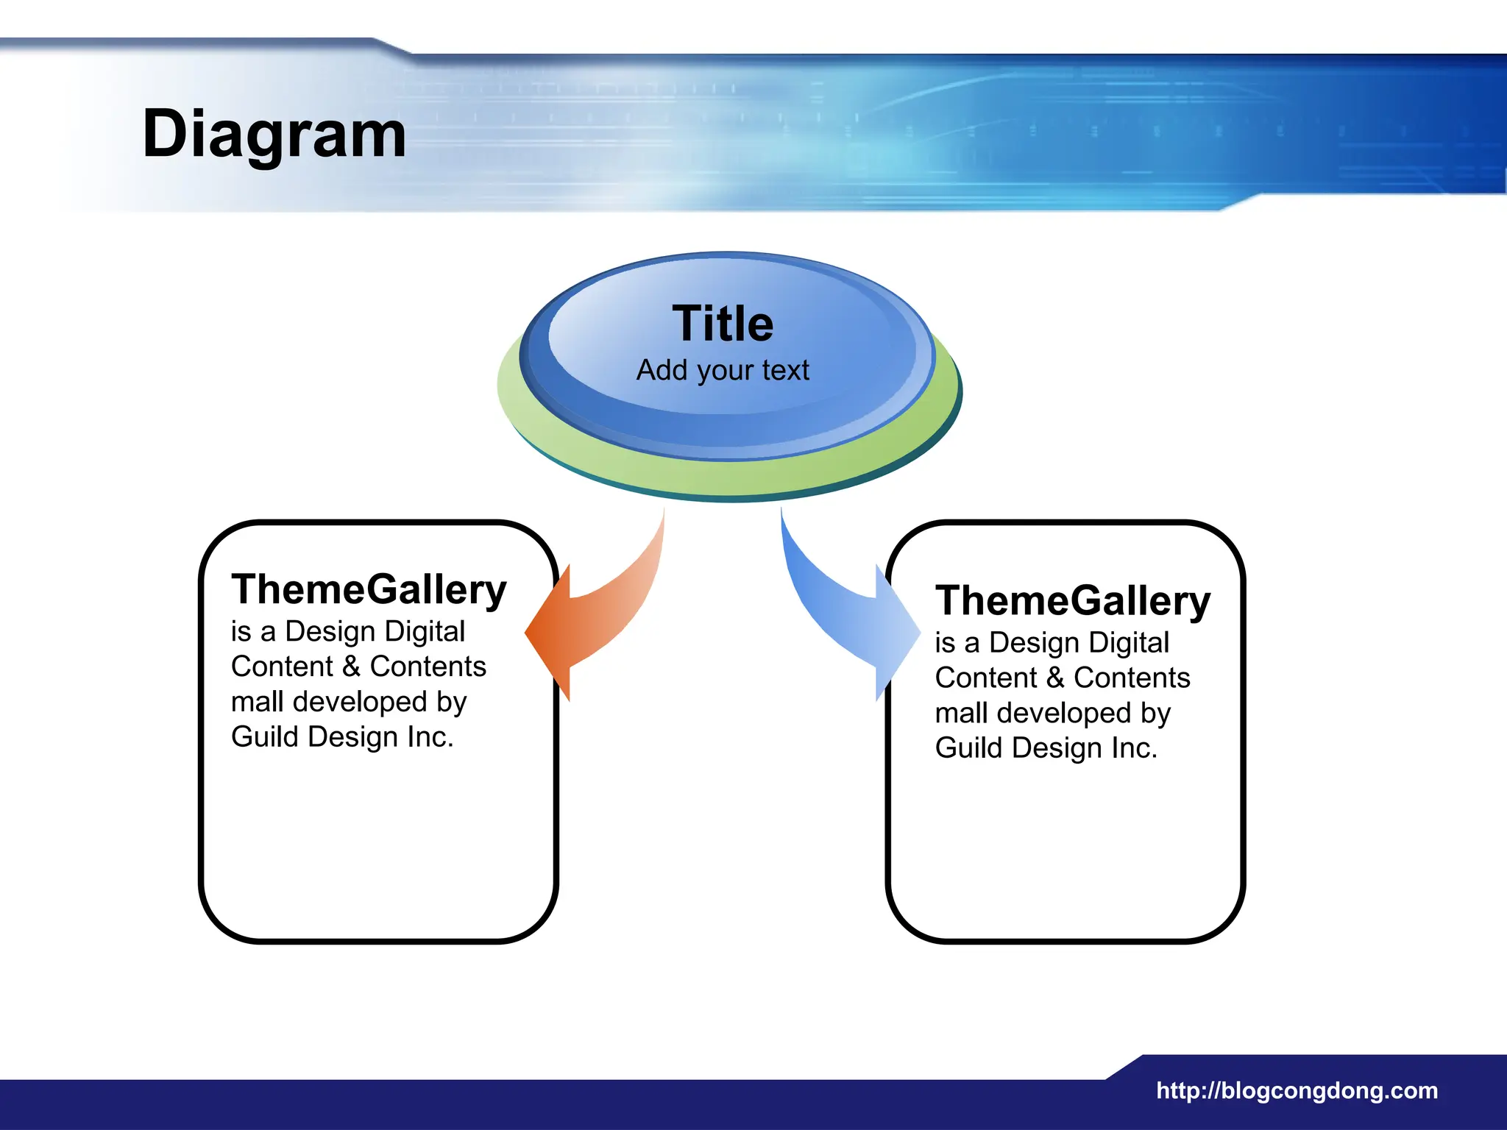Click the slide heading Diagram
coord(274,135)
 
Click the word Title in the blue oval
coord(723,324)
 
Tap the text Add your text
coord(723,370)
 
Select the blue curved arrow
coord(846,611)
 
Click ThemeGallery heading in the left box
coord(369,590)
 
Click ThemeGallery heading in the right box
coord(1072,601)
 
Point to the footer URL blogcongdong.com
coord(1297,1090)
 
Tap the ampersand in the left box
coord(351,667)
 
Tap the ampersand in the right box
coord(1055,678)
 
